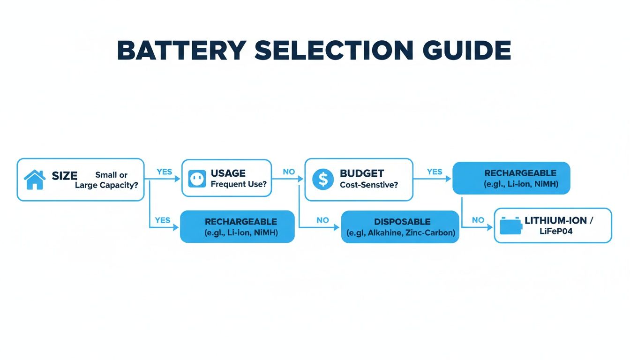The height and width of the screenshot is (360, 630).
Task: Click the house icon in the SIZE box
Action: click(x=34, y=180)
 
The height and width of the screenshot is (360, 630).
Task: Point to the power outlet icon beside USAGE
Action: click(x=197, y=179)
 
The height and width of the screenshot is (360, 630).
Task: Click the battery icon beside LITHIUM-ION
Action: click(x=510, y=225)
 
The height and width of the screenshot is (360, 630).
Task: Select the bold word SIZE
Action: click(x=64, y=176)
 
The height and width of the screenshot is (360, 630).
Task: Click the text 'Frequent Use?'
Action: click(x=238, y=184)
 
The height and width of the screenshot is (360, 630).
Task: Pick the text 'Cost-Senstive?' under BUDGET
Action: click(x=369, y=185)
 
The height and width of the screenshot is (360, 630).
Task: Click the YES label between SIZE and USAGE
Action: click(x=164, y=172)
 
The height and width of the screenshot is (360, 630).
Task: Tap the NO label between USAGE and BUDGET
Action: click(x=289, y=172)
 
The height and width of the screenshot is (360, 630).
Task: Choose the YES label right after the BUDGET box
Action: click(x=435, y=172)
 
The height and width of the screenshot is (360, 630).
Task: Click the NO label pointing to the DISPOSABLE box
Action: click(x=322, y=220)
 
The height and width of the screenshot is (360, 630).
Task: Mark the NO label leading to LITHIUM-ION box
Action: click(x=478, y=220)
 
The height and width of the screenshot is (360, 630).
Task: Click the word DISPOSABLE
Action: click(x=402, y=222)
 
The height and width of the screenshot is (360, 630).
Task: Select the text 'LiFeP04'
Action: click(x=556, y=231)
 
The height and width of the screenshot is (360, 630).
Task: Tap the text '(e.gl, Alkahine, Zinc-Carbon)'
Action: click(x=400, y=233)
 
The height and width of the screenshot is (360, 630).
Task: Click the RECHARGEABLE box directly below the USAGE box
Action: click(x=237, y=226)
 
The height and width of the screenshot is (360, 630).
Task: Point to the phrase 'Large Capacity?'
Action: click(x=106, y=185)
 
